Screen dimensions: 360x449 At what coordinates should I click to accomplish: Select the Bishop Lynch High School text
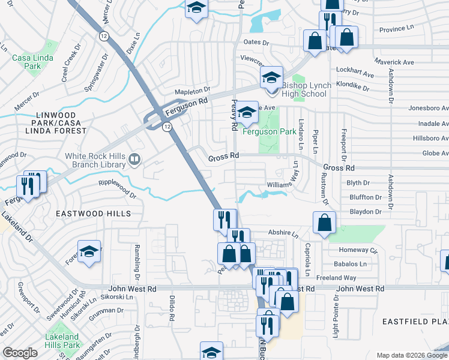312,90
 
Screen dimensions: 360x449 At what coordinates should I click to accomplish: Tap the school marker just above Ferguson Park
246,112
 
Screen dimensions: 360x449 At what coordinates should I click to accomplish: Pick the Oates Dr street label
257,42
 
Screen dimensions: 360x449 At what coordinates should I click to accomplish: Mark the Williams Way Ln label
288,179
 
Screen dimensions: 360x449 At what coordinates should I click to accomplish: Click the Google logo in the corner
20,353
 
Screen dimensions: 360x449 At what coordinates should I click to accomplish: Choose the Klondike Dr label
353,86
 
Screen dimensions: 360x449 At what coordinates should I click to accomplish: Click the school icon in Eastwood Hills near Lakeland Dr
89,251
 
